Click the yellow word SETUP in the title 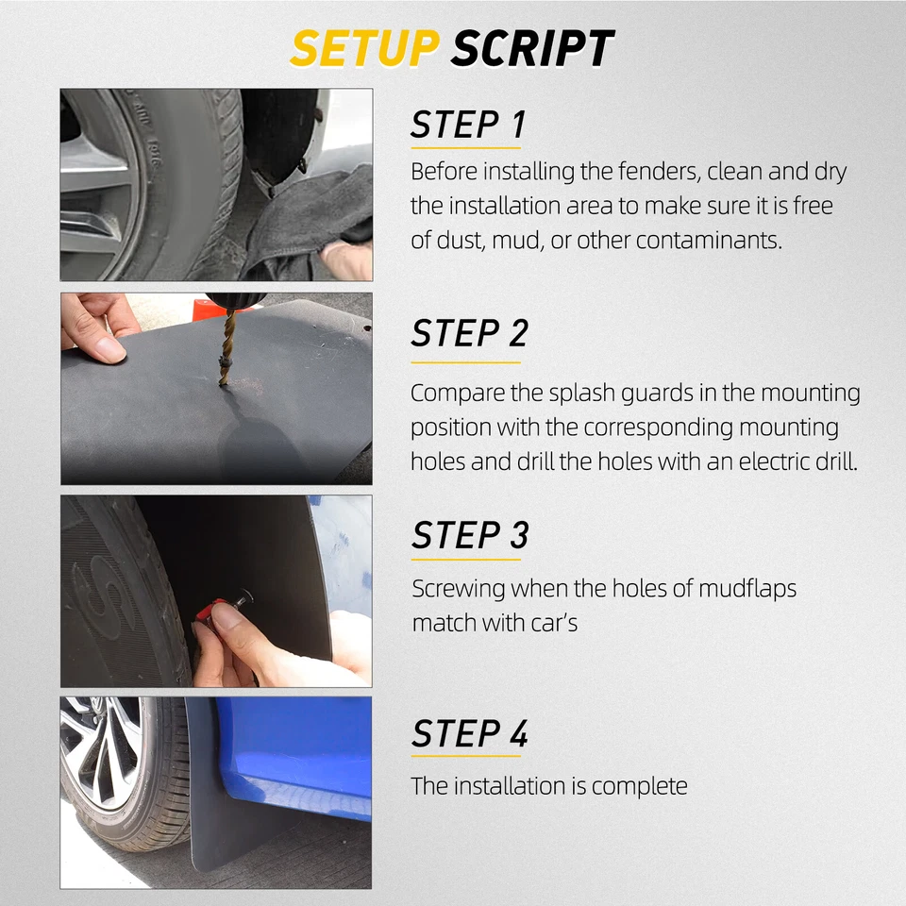(x=364, y=48)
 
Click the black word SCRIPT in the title (x=531, y=48)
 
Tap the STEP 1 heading (x=467, y=126)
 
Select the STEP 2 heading (x=469, y=334)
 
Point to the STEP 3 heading (x=469, y=535)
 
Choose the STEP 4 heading (x=469, y=734)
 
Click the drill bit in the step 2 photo (x=227, y=350)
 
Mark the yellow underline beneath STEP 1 (x=465, y=148)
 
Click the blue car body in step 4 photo (x=302, y=746)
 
